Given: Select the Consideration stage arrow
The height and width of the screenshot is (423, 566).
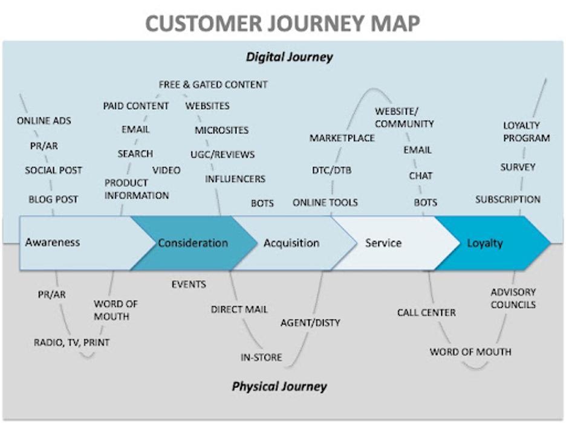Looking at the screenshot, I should [193, 243].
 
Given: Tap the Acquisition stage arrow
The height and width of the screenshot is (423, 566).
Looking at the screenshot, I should [291, 243].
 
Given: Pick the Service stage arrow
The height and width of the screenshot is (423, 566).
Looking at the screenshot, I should [383, 243].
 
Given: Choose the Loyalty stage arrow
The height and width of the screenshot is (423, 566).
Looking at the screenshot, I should [485, 243].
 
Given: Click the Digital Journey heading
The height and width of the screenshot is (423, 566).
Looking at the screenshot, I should [289, 57].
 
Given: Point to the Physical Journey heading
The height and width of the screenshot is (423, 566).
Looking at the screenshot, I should [279, 386].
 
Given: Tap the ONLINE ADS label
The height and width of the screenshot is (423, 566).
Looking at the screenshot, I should [44, 121].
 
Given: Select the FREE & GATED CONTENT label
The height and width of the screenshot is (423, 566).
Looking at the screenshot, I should [213, 85].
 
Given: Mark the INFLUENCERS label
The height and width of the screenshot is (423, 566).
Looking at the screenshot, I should [235, 179].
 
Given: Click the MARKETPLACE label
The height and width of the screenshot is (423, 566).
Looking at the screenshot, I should [342, 138].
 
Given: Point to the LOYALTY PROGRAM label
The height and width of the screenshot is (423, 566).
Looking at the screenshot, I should [527, 132].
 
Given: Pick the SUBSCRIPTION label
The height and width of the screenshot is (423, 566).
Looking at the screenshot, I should [508, 199].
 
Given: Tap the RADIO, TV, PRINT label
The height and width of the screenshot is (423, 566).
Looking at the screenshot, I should [72, 343].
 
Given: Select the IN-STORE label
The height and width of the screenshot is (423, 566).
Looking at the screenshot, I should [261, 357].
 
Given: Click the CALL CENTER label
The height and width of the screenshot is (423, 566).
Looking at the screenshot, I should [426, 312].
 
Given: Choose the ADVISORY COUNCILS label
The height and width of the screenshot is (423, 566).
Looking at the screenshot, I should [513, 299].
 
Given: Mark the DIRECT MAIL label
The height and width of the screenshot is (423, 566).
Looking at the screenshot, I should [239, 309].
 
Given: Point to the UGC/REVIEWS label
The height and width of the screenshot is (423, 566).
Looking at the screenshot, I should [223, 155].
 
